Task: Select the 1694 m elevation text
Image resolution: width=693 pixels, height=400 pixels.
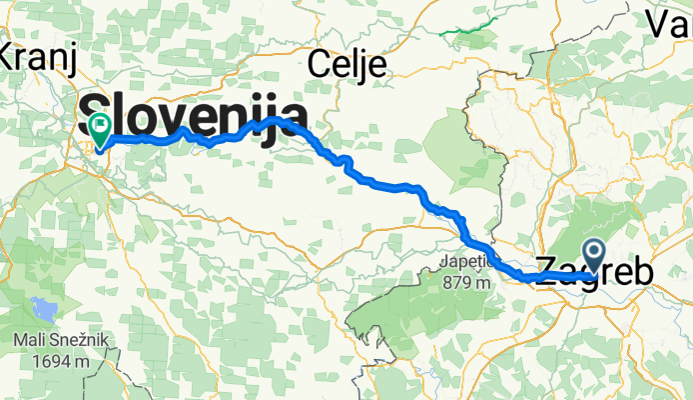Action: click(x=62, y=361)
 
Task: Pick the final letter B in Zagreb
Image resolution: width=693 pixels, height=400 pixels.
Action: click(x=643, y=270)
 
